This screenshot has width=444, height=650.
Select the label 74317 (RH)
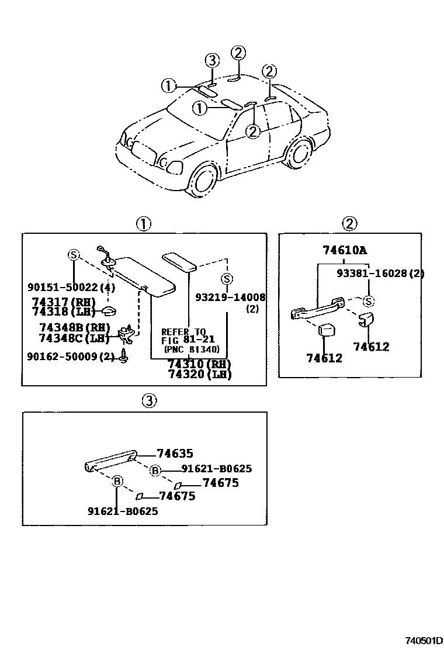coord(64,302)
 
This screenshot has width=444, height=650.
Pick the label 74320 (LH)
coord(199,375)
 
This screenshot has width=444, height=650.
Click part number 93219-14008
coord(231,298)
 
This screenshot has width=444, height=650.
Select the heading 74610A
coord(345,250)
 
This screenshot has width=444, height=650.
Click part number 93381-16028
coord(374,274)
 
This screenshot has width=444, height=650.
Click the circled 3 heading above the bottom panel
coord(149,400)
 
